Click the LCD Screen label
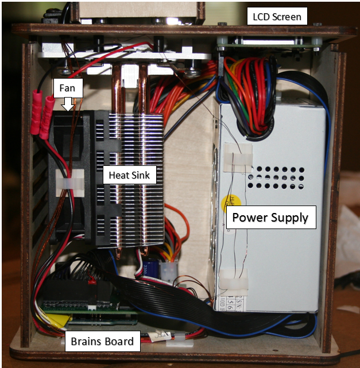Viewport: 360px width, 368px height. [x=277, y=16]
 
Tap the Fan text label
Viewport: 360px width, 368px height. [x=68, y=88]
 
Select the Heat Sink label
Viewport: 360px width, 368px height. [x=130, y=175]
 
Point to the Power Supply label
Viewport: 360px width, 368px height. [x=270, y=218]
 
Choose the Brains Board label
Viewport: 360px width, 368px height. [x=102, y=342]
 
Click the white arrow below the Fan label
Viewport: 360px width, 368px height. [x=68, y=104]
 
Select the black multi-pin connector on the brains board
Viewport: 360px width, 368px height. [x=66, y=290]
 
